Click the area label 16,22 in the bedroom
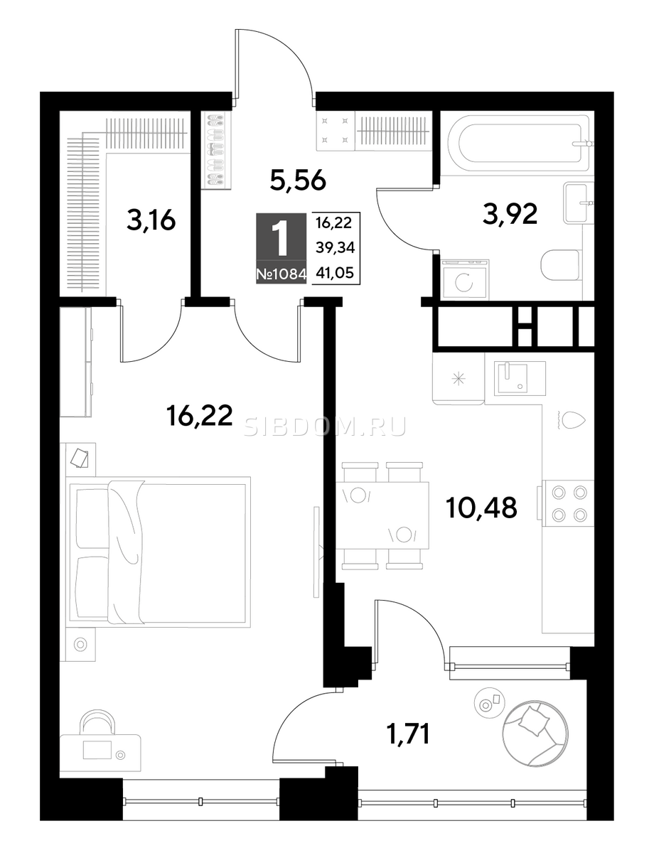pyautogui.click(x=199, y=416)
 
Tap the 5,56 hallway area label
pyautogui.click(x=298, y=181)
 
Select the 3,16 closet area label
pyautogui.click(x=151, y=221)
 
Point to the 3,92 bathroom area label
pyautogui.click(x=510, y=214)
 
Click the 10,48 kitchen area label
pyautogui.click(x=481, y=508)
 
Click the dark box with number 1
pyautogui.click(x=281, y=236)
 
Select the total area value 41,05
pyautogui.click(x=335, y=273)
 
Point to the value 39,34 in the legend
pyautogui.click(x=335, y=247)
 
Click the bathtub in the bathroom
pyautogui.click(x=520, y=144)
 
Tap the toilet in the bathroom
pyautogui.click(x=560, y=264)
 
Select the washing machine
pyautogui.click(x=465, y=279)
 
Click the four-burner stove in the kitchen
pyautogui.click(x=568, y=503)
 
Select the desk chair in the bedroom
pyautogui.click(x=97, y=722)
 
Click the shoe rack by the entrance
pyautogui.click(x=215, y=149)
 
